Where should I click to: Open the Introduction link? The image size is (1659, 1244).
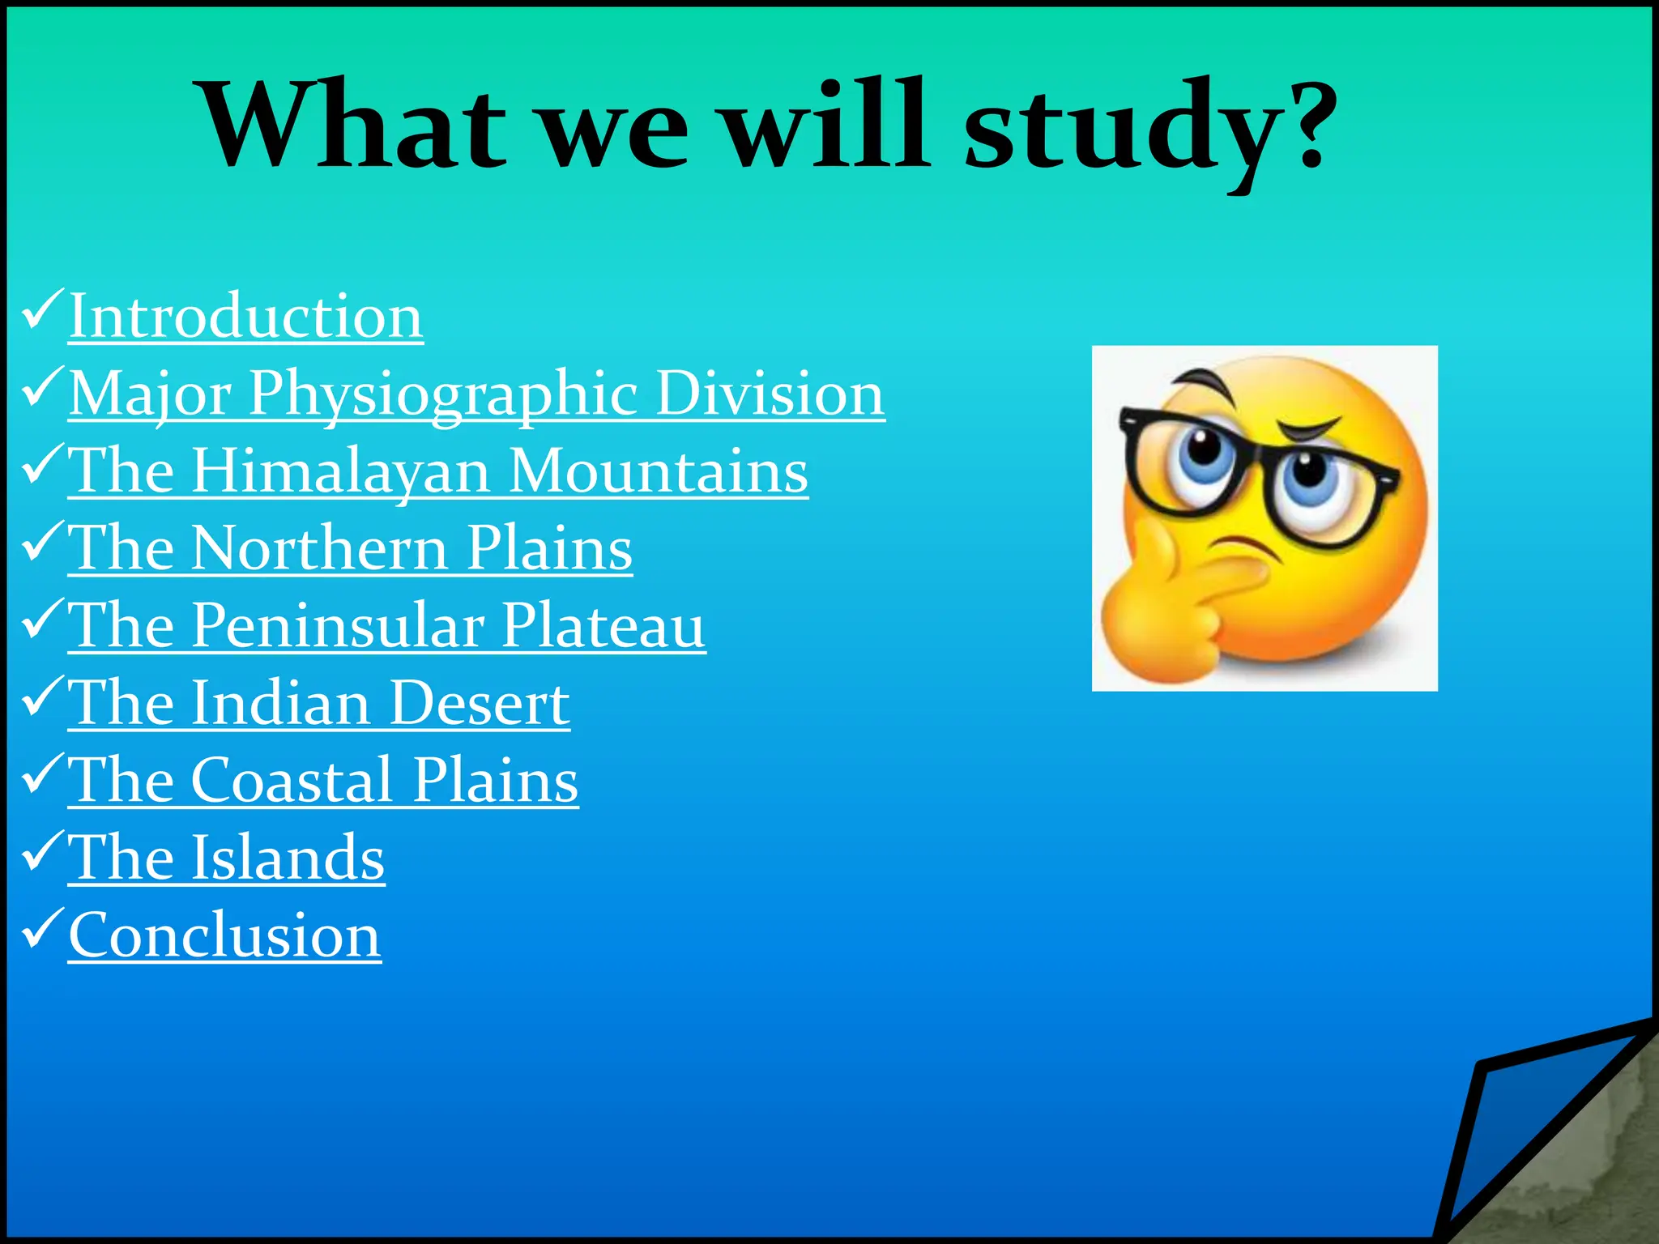click(245, 316)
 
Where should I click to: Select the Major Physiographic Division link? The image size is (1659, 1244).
click(476, 394)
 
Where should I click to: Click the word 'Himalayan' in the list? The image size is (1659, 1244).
click(340, 471)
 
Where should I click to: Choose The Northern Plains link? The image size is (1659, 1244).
click(350, 548)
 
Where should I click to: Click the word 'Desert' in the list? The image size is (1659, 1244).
click(480, 703)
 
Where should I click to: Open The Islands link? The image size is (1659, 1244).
click(226, 858)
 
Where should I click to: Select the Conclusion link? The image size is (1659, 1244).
click(224, 935)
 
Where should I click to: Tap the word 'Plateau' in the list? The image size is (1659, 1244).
click(603, 626)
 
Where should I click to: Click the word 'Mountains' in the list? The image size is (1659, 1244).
click(659, 471)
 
